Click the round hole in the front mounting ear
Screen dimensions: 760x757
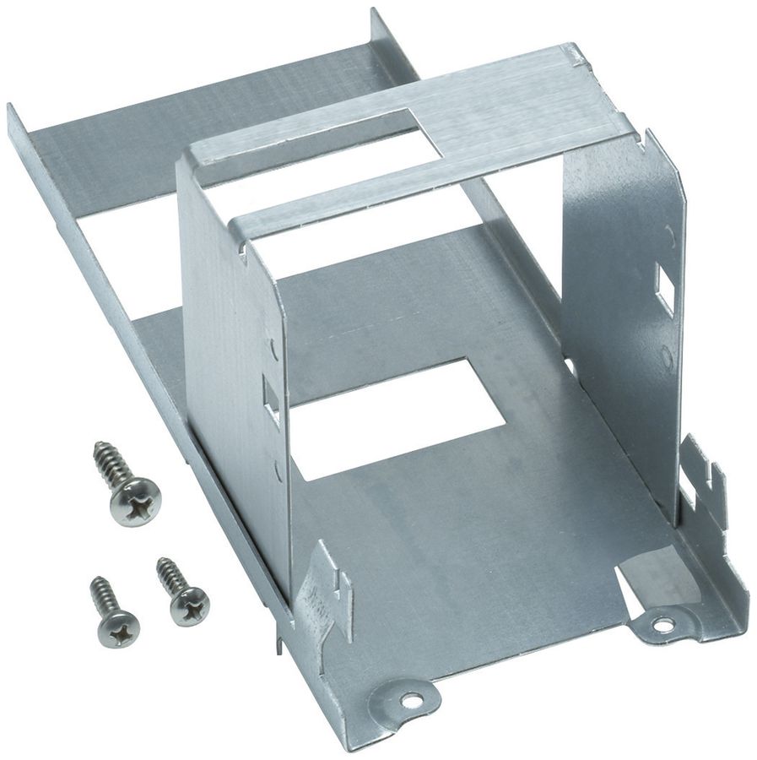pos(410,700)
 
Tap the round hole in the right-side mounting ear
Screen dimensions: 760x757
pos(662,626)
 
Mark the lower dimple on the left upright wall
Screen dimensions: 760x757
pos(278,470)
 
